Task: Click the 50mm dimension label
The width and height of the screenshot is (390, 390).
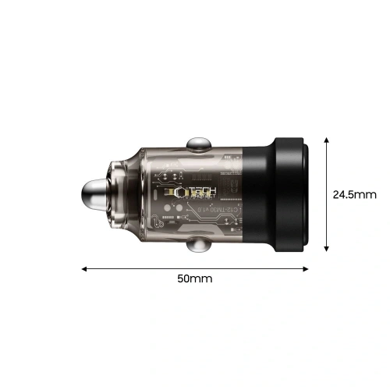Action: tap(195, 278)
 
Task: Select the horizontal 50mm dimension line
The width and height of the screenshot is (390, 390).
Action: tap(195, 268)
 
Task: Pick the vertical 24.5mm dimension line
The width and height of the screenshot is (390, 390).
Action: tap(325, 195)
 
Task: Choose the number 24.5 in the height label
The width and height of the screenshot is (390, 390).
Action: tap(343, 195)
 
